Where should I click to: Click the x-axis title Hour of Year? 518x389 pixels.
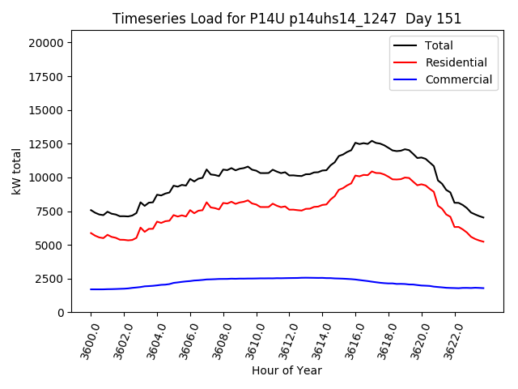(287, 370)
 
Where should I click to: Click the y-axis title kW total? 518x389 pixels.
(16, 171)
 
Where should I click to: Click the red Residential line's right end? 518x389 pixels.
(483, 242)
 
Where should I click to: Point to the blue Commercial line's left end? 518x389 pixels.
(91, 289)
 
